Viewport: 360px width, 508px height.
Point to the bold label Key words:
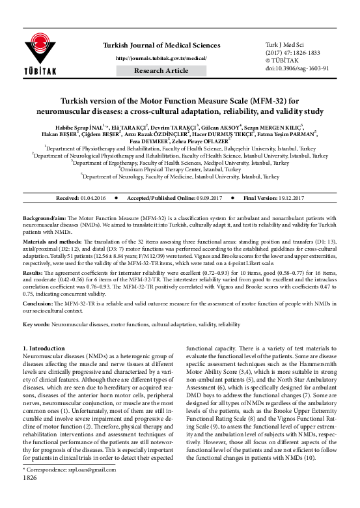coord(36,324)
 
